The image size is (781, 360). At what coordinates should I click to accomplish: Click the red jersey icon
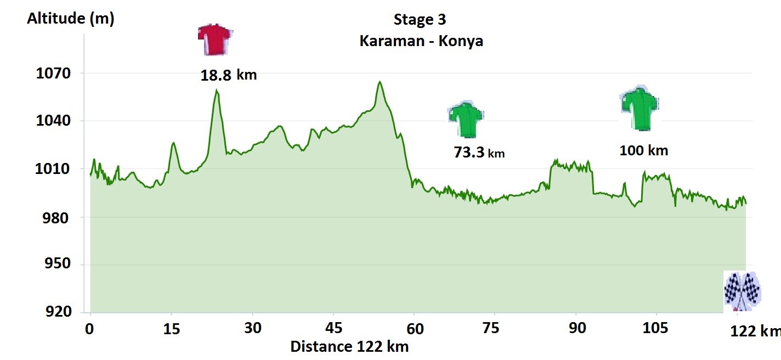(x=214, y=39)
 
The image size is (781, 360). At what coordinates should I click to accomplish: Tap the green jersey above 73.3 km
(x=466, y=120)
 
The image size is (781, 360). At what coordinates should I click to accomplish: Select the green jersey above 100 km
(x=639, y=109)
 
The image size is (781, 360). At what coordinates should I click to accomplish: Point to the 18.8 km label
(x=228, y=75)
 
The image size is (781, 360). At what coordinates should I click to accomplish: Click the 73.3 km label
(x=479, y=153)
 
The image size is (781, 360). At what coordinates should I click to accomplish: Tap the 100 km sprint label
(x=644, y=150)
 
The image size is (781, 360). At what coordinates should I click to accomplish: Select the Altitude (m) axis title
(x=70, y=19)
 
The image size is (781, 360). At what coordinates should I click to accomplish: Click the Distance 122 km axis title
(x=349, y=346)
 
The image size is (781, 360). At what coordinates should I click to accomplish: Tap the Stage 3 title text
(x=420, y=20)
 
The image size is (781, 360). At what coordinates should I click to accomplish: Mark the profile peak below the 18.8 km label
(x=217, y=91)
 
